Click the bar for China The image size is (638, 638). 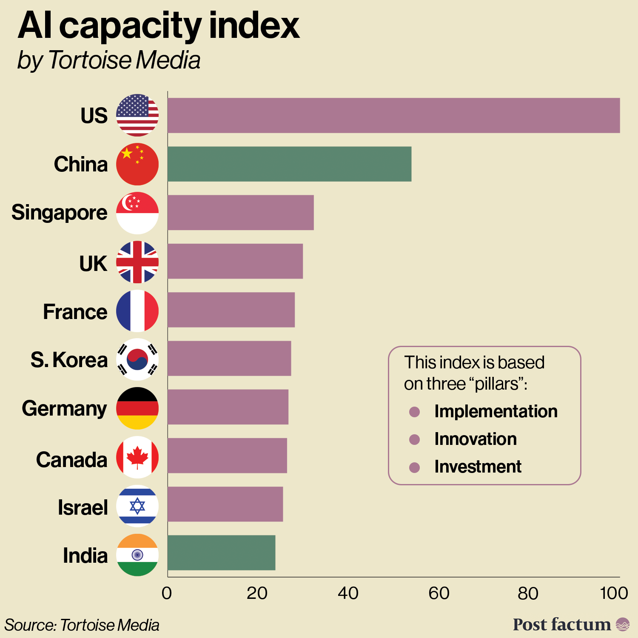tap(289, 164)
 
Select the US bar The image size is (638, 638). tap(393, 115)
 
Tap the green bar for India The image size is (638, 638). tap(221, 553)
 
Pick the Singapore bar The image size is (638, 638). tap(240, 213)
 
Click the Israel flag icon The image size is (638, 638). tap(137, 506)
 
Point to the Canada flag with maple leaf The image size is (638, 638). tap(137, 457)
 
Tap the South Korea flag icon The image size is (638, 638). tap(137, 359)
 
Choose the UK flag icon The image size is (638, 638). tap(137, 262)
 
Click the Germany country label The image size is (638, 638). tap(64, 409)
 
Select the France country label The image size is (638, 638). tap(75, 312)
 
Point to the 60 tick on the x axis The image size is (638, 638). tap(439, 593)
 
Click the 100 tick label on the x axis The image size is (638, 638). tap(614, 593)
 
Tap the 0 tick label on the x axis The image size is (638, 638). tap(167, 593)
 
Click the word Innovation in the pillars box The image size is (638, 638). tap(475, 439)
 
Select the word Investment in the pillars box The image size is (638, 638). tap(478, 467)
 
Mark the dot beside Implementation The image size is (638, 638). tap(414, 412)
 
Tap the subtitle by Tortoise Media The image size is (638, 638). tap(108, 60)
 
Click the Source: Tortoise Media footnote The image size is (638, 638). tap(82, 625)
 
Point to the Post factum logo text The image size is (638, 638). tap(561, 624)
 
